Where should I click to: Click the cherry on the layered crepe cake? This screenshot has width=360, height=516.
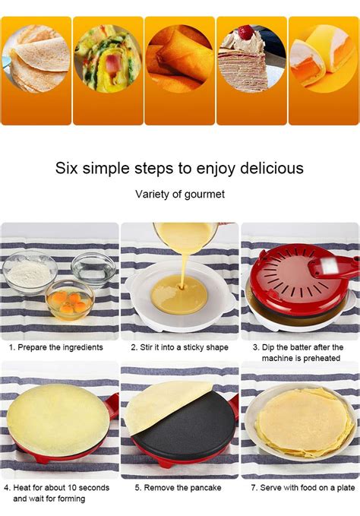[245, 31]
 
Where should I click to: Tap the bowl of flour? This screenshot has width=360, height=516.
[30, 272]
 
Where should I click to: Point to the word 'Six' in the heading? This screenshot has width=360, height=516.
[69, 167]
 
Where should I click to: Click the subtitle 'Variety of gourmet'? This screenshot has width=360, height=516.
[180, 194]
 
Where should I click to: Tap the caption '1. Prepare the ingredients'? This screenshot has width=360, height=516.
[56, 347]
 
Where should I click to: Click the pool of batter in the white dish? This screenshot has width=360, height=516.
[178, 294]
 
